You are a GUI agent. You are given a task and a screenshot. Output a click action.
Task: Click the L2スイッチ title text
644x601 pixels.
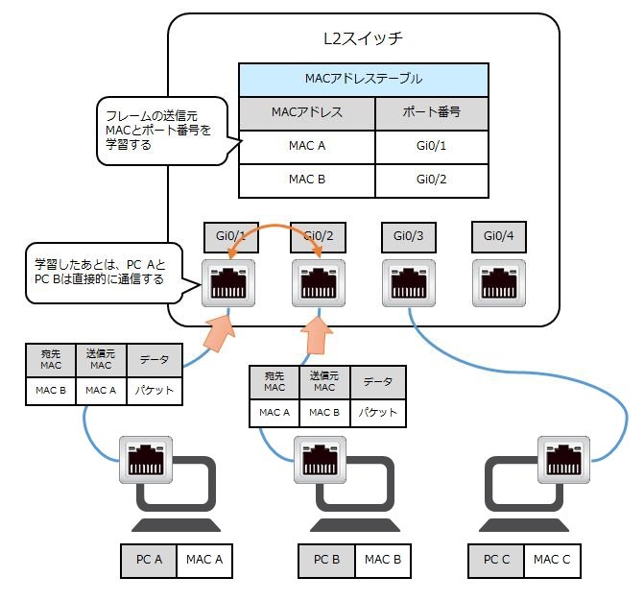363,38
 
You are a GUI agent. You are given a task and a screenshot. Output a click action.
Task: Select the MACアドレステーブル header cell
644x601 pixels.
364,80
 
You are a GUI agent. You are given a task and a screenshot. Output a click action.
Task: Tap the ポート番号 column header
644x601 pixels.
432,113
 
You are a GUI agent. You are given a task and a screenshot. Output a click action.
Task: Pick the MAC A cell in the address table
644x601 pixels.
307,147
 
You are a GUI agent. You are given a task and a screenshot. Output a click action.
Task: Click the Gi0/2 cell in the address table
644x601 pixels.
432,180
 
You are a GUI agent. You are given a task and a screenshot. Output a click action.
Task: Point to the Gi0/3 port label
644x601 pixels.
408,237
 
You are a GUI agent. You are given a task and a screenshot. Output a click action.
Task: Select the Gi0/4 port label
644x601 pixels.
499,236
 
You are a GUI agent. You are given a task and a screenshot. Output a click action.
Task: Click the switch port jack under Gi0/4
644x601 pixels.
499,283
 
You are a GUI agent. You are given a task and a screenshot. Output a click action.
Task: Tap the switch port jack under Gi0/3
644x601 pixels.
409,283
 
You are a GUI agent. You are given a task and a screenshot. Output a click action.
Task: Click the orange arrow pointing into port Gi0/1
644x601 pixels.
220,333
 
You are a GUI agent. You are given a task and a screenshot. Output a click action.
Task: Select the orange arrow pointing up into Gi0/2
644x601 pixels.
317,335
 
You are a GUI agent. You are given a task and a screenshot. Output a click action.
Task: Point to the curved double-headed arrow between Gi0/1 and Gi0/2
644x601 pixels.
274,227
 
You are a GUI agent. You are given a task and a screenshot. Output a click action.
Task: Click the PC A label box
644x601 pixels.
149,561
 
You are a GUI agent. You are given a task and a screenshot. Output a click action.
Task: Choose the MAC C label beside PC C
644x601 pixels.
552,561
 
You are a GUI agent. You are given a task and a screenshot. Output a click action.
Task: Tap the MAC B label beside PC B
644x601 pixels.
382,561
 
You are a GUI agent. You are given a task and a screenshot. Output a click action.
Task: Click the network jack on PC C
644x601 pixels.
564,460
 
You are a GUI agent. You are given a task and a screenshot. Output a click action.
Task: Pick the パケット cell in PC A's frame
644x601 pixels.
155,391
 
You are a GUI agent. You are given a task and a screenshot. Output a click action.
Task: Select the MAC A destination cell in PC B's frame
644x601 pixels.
274,413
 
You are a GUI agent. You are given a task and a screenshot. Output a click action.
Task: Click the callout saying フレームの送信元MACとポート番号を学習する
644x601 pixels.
162,131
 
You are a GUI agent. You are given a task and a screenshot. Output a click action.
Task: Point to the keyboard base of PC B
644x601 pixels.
355,525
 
